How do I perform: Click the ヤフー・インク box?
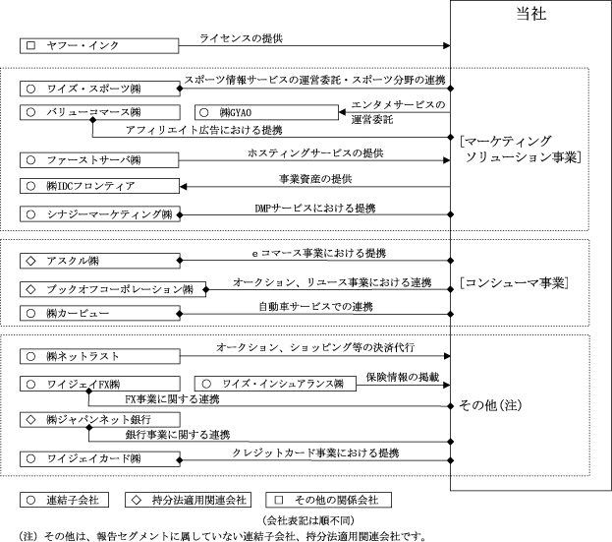(99, 45)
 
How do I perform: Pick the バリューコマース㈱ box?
(99, 112)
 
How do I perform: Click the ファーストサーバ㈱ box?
(99, 159)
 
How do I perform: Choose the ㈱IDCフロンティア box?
(99, 186)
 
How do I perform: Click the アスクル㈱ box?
(99, 261)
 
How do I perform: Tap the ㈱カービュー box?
(99, 314)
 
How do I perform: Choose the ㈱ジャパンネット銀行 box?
(99, 420)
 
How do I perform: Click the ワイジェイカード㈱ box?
(99, 458)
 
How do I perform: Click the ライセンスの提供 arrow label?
(241, 38)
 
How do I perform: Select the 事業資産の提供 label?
(315, 178)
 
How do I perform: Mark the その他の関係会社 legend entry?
(330, 500)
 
